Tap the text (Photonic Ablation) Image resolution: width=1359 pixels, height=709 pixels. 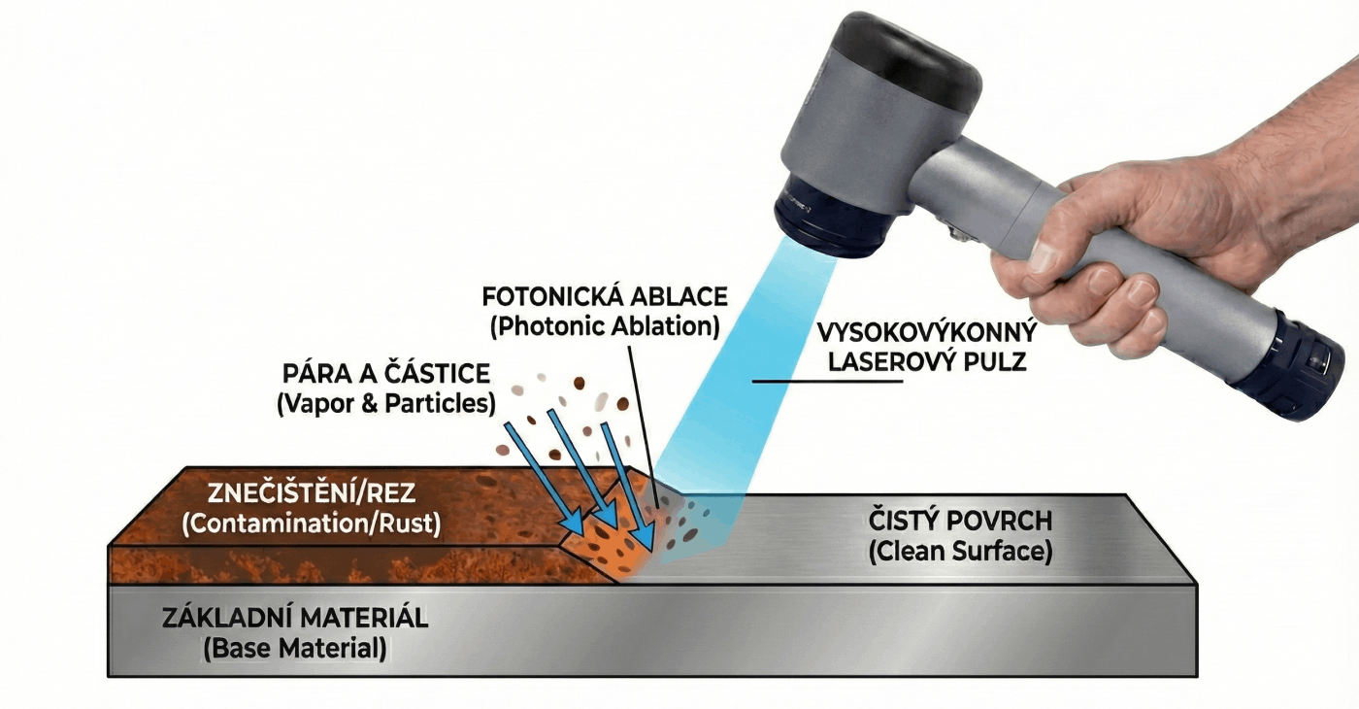click(x=605, y=326)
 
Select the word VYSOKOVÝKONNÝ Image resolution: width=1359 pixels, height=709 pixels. click(x=926, y=333)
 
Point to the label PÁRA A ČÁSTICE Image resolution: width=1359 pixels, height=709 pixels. click(x=385, y=374)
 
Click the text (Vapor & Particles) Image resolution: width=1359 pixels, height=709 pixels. click(x=386, y=403)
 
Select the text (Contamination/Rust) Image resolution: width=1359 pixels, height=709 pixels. click(x=312, y=523)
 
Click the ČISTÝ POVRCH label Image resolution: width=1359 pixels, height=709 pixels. click(x=959, y=521)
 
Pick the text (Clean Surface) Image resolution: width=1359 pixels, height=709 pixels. click(x=959, y=552)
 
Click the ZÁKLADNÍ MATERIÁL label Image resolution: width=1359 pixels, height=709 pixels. click(x=295, y=618)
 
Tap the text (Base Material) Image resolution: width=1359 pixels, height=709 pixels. click(x=295, y=648)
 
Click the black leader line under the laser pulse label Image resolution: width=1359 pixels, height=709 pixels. click(x=826, y=381)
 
